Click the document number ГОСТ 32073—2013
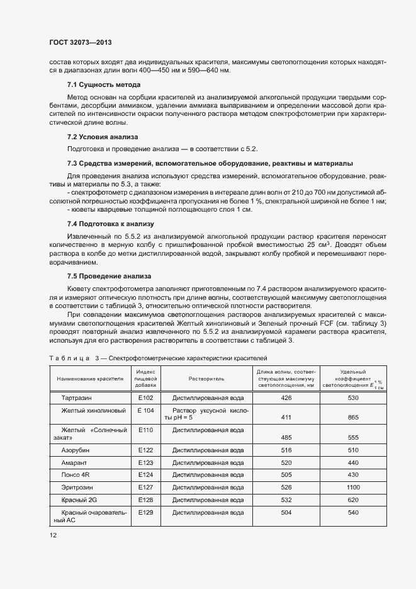click(x=81, y=42)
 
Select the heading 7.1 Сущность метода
click(x=104, y=84)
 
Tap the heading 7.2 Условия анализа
click(x=103, y=137)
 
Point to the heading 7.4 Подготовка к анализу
click(x=111, y=224)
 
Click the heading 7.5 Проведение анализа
click(x=109, y=276)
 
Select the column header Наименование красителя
click(x=89, y=379)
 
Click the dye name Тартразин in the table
click(x=77, y=398)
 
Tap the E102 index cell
click(x=146, y=398)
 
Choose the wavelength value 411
click(x=286, y=417)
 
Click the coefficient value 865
click(x=353, y=417)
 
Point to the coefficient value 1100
click(x=353, y=487)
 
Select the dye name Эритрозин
click(x=77, y=487)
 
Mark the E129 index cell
click(x=146, y=513)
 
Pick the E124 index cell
click(x=146, y=474)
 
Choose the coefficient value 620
click(x=353, y=500)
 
